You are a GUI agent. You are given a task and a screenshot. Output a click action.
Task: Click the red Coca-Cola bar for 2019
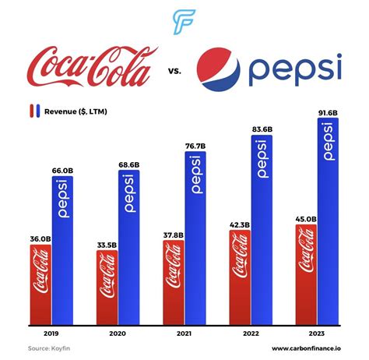(40, 283)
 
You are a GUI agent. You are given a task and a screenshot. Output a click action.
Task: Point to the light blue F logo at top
(184, 23)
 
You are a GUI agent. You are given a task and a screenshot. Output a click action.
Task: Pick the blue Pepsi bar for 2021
(195, 237)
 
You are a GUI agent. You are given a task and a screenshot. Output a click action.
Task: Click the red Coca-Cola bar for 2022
(239, 277)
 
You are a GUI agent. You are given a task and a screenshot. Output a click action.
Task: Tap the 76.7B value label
(195, 146)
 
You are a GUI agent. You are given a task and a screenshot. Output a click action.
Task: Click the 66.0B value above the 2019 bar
(63, 170)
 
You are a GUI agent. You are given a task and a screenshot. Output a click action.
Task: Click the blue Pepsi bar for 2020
(129, 246)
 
